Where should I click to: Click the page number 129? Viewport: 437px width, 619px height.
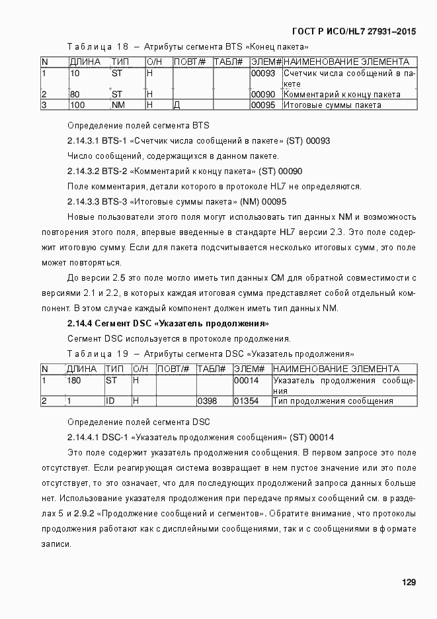tap(409, 582)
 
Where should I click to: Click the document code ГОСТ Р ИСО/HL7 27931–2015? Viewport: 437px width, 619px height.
tap(354, 31)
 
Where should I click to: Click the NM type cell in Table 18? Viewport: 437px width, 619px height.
tap(118, 105)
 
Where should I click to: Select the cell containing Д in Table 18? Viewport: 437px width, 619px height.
tap(177, 105)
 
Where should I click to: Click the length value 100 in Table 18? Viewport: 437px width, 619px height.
tap(77, 105)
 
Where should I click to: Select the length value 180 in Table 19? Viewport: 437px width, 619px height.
tap(74, 381)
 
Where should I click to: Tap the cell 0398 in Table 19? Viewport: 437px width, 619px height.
tap(206, 401)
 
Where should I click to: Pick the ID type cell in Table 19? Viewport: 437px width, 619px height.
tap(110, 401)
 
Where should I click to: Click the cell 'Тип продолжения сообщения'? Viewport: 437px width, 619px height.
tap(333, 401)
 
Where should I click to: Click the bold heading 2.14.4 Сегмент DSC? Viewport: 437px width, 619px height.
tap(167, 324)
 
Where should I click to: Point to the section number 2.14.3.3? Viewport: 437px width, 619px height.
tap(83, 201)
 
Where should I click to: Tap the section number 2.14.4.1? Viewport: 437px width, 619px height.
tap(83, 438)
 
